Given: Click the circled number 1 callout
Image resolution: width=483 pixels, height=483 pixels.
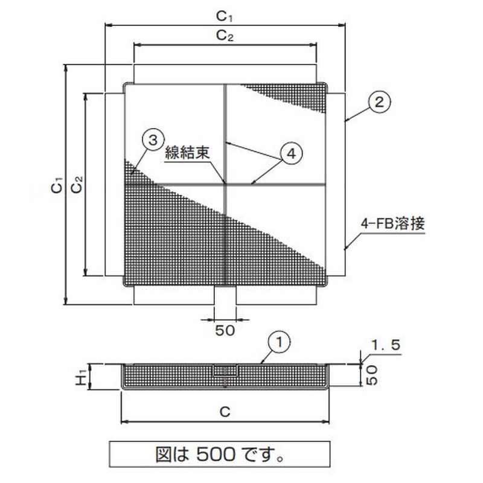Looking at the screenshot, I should [x=280, y=344].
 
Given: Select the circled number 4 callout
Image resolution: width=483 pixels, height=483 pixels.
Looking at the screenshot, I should [x=290, y=154].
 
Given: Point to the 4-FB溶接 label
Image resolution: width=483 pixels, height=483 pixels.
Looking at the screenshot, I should [x=393, y=223].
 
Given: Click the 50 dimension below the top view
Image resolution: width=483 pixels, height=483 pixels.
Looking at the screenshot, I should [x=225, y=330].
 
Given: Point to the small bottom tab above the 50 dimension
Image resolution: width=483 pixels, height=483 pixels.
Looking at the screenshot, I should [x=226, y=296].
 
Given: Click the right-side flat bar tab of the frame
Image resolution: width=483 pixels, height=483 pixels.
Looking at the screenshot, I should [x=337, y=184].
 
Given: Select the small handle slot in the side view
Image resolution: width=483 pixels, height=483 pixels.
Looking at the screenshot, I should [x=226, y=370].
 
